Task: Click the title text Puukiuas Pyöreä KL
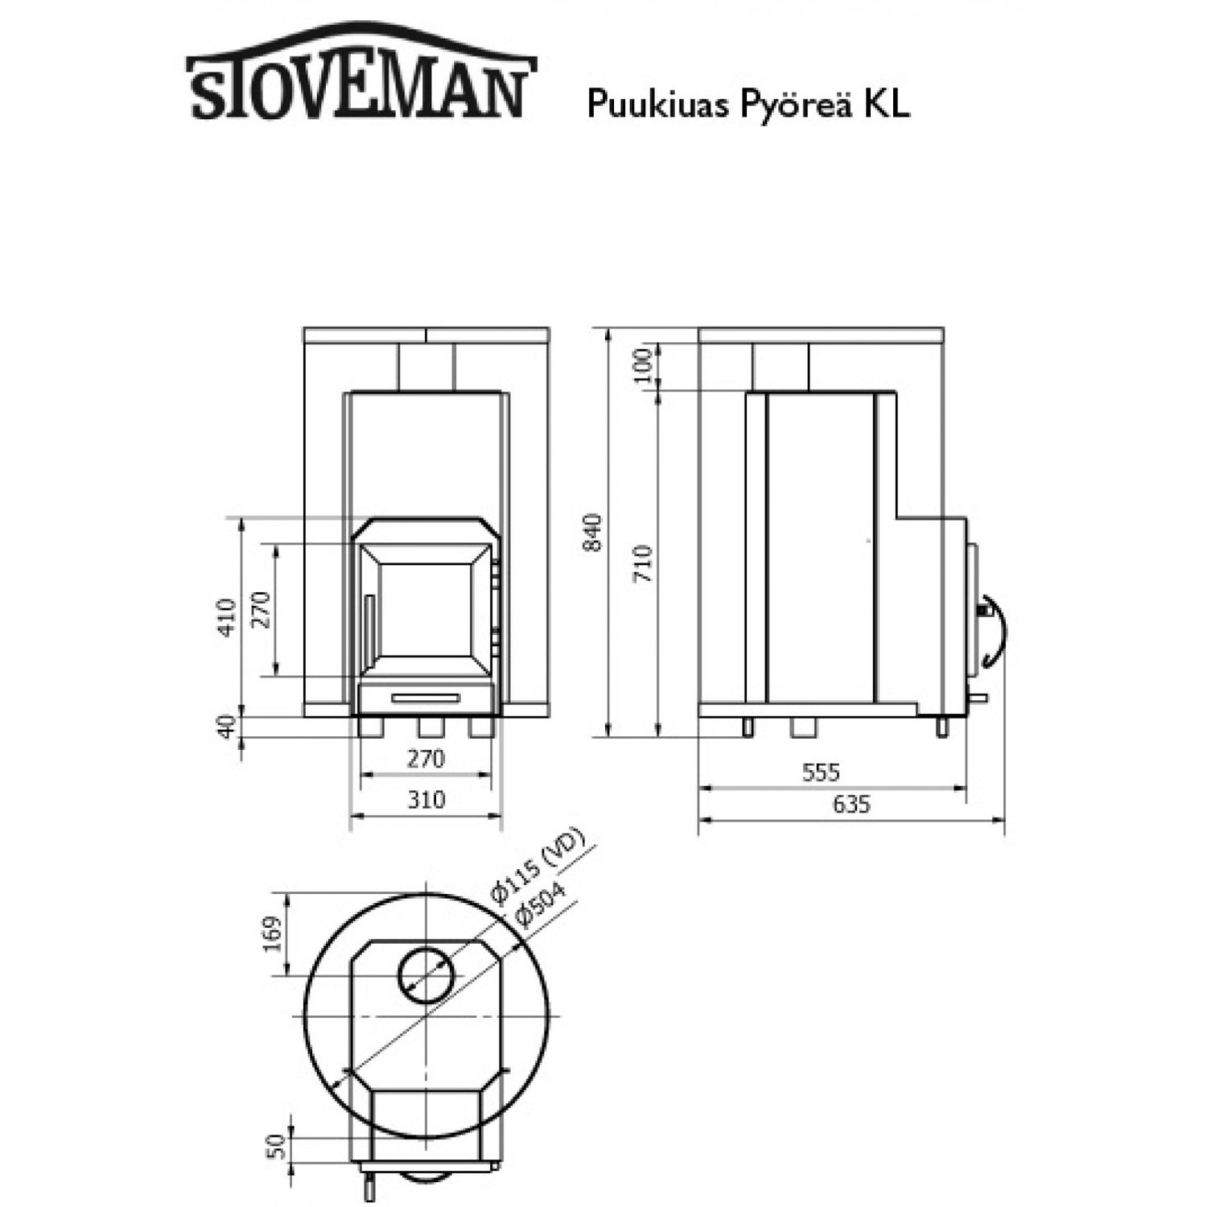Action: point(748,104)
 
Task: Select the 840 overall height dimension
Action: point(592,532)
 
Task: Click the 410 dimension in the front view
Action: point(228,617)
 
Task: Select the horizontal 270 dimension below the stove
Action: point(425,758)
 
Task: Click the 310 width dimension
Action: point(425,799)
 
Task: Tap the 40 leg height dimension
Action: point(228,726)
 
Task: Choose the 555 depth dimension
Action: point(821,772)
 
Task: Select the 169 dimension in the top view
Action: point(273,934)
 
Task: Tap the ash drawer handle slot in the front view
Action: point(426,697)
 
